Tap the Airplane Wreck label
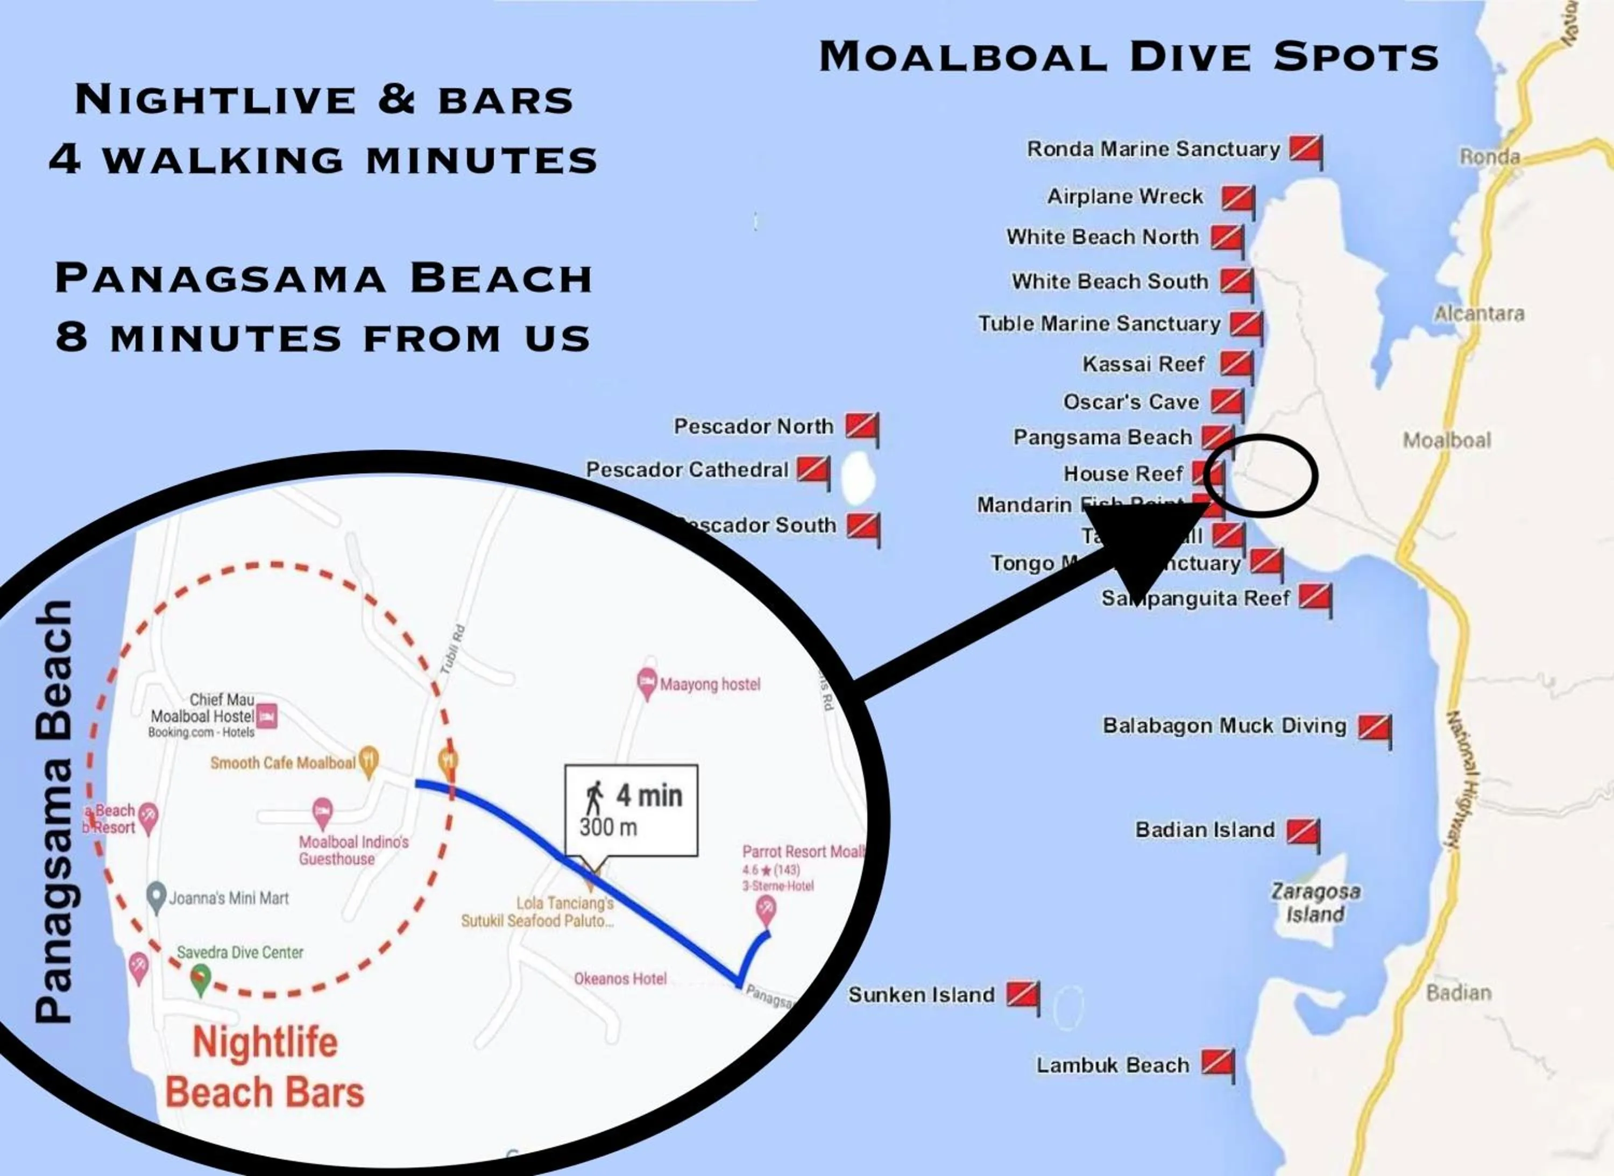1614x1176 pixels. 1125,196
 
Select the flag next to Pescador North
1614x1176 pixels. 861,427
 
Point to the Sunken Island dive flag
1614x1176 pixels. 1022,995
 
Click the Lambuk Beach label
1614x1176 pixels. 1113,1065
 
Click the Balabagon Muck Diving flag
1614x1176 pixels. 1374,727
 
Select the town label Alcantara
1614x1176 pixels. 1479,314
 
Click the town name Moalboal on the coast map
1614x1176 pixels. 1447,441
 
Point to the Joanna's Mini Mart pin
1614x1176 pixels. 156,896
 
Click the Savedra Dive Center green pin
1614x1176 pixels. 201,979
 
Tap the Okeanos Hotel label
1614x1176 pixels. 620,979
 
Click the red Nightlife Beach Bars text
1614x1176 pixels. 265,1068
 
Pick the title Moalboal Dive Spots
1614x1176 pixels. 1128,57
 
